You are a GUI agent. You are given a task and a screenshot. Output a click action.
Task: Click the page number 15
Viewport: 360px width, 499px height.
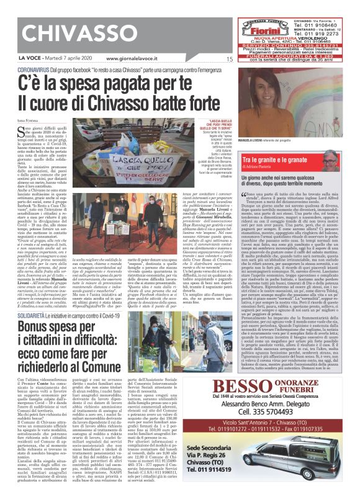[229, 60]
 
